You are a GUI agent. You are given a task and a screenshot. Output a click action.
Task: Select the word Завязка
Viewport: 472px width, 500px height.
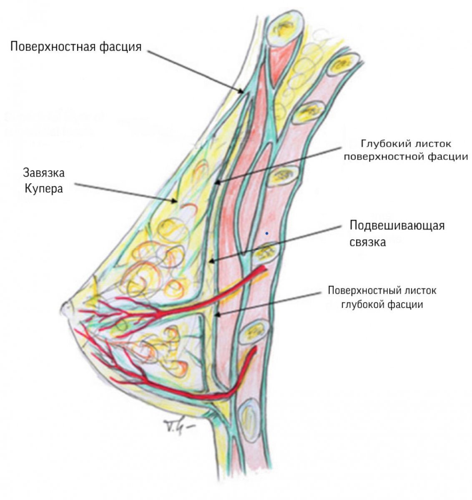(x=44, y=173)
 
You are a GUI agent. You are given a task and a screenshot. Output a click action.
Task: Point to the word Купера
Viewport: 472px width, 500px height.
(x=43, y=188)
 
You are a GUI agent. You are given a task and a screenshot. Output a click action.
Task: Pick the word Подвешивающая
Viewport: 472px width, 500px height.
(x=397, y=225)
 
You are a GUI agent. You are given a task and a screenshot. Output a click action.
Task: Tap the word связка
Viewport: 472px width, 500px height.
(x=368, y=241)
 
